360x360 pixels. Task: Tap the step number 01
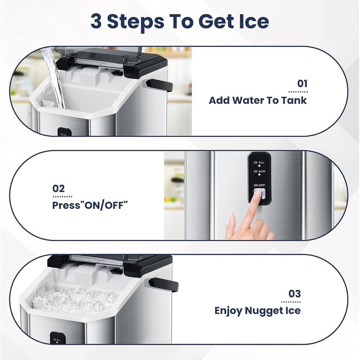pyautogui.click(x=302, y=84)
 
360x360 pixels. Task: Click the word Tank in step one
pyautogui.click(x=294, y=101)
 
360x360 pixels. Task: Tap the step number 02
pyautogui.click(x=59, y=188)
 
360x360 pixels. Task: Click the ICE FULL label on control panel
pyautogui.click(x=259, y=163)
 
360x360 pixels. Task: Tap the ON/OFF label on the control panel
pyautogui.click(x=259, y=185)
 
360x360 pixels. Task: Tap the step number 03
pyautogui.click(x=295, y=294)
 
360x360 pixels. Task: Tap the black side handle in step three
pyautogui.click(x=163, y=284)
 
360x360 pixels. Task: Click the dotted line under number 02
pyautogui.click(x=62, y=197)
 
